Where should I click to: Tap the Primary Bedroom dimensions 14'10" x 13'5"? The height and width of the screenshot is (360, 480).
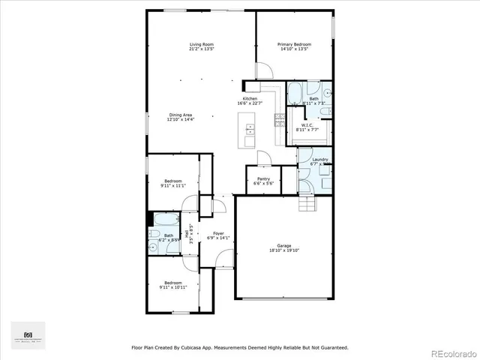[x=295, y=49]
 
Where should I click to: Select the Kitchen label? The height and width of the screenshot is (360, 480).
[x=249, y=99]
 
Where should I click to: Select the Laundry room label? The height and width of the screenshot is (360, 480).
[x=320, y=160]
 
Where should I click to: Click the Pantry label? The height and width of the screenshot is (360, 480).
[x=263, y=178]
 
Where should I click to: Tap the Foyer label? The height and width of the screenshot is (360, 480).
[x=217, y=234]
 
